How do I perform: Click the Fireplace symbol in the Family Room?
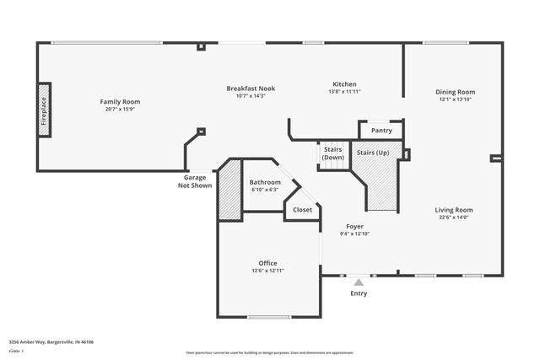pos(44,110)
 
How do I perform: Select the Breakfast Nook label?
pos(251,89)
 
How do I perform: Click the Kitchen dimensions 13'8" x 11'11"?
pos(344,92)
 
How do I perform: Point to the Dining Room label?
pos(456,92)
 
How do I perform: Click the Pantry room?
pos(381,131)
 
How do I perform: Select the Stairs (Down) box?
pos(333,154)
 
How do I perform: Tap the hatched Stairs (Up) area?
pos(380,181)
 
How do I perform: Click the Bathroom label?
pos(265,182)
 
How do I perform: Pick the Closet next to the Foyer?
pos(302,210)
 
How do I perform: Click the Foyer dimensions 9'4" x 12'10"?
pos(354,234)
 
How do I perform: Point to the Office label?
pos(267,263)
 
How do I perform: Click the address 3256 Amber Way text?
pos(51,342)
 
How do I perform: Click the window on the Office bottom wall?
pos(269,317)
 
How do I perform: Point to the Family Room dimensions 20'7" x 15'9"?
pos(121,109)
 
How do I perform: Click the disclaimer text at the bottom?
pos(270,352)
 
